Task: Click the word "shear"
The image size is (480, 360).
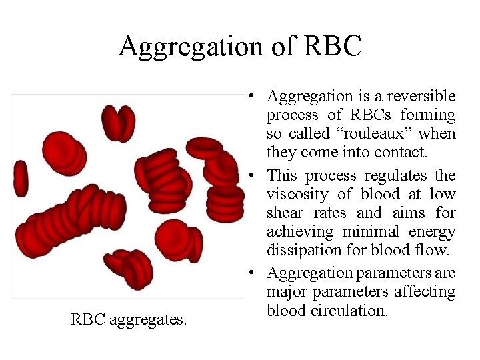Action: coord(285,213)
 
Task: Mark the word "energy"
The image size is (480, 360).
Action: coord(435,232)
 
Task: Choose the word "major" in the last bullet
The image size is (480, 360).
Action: coord(287,291)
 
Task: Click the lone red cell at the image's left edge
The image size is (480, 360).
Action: coord(21,178)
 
